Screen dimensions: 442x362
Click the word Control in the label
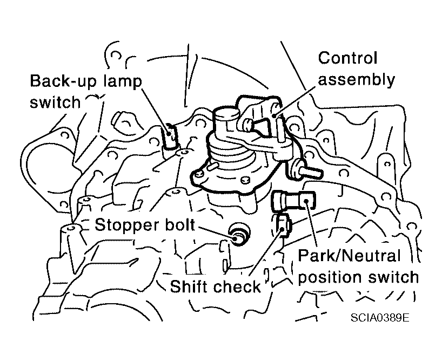(347, 58)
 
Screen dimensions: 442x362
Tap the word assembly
(356, 80)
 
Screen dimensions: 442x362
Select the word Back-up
(63, 81)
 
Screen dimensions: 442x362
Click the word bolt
(181, 224)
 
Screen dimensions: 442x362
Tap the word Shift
(189, 286)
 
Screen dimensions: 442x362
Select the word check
(237, 286)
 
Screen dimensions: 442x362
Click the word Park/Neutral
(349, 256)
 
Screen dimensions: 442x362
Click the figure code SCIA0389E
(380, 318)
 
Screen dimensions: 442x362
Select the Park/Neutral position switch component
(293, 201)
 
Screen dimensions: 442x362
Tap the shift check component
(282, 224)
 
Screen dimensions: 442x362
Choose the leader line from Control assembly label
(295, 101)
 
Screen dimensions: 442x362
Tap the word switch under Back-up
(55, 103)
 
